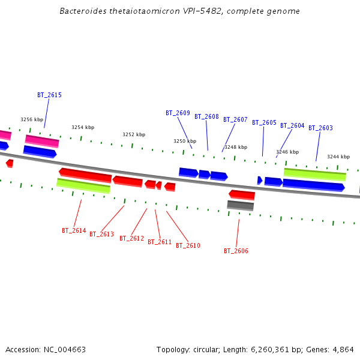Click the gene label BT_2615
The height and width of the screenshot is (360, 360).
(x=49, y=95)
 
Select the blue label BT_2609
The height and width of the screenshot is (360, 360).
(x=178, y=113)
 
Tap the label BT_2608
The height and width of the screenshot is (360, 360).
(x=206, y=116)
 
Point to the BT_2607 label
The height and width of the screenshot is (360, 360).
(x=235, y=119)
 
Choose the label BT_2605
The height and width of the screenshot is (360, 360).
(x=264, y=122)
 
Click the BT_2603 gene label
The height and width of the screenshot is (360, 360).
(x=320, y=128)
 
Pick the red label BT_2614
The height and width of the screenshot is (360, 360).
(x=74, y=230)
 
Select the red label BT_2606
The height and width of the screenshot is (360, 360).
(x=236, y=251)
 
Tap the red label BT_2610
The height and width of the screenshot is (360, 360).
(x=188, y=245)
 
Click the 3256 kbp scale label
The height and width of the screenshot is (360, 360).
(x=32, y=119)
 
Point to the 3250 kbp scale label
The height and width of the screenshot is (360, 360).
(x=185, y=141)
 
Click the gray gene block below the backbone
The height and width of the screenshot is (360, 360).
(x=240, y=205)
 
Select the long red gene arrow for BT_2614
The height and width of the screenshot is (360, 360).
(x=85, y=175)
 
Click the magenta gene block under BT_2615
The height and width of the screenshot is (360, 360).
(x=42, y=141)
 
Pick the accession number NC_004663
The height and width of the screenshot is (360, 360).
(x=63, y=349)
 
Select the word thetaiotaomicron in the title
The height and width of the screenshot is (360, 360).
(x=139, y=11)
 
